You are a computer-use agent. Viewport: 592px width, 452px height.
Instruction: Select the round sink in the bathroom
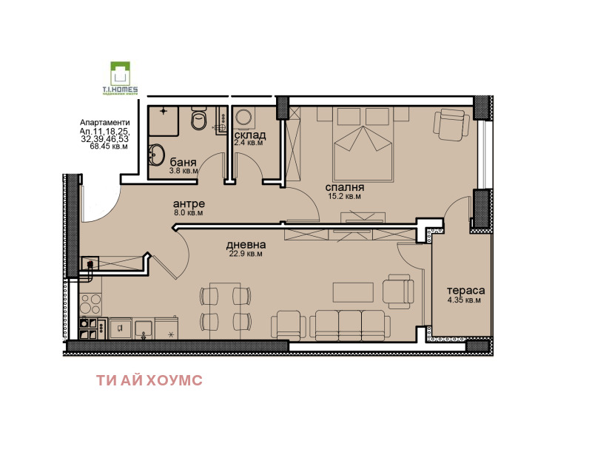click(156, 155)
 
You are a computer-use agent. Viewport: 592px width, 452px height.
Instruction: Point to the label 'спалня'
click(344, 187)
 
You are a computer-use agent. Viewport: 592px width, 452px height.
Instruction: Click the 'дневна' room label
click(246, 245)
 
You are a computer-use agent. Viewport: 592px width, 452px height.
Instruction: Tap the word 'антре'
click(189, 203)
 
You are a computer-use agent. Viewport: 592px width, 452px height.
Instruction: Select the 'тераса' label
click(465, 291)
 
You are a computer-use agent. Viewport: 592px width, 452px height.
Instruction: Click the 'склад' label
click(250, 135)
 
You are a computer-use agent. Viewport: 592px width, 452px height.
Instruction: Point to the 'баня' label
click(183, 162)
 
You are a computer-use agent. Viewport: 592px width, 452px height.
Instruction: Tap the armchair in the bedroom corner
click(451, 124)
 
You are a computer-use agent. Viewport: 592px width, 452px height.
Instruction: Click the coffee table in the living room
click(353, 292)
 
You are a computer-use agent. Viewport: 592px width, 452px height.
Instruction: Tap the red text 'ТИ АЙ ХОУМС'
click(149, 380)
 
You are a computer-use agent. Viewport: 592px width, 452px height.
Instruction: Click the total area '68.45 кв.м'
click(109, 146)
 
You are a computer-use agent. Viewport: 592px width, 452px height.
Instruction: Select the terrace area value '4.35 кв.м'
click(464, 300)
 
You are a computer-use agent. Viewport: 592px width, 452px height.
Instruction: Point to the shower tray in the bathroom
click(164, 121)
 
